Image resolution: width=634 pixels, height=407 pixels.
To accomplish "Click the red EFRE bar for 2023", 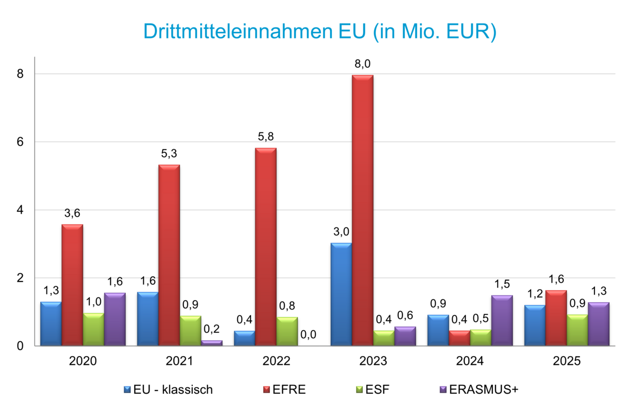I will click(x=362, y=212).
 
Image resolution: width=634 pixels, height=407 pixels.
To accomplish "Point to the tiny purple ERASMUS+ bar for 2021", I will click(x=212, y=343).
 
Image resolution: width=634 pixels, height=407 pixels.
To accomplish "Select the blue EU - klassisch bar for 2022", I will click(x=244, y=339).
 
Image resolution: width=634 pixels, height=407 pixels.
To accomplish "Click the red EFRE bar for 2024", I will click(x=459, y=339).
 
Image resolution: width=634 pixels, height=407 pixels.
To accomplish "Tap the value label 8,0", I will click(x=362, y=64).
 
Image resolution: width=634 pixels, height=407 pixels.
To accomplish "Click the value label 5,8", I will click(x=266, y=137).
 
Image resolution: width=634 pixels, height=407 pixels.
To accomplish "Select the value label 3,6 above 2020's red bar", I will click(x=72, y=213).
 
